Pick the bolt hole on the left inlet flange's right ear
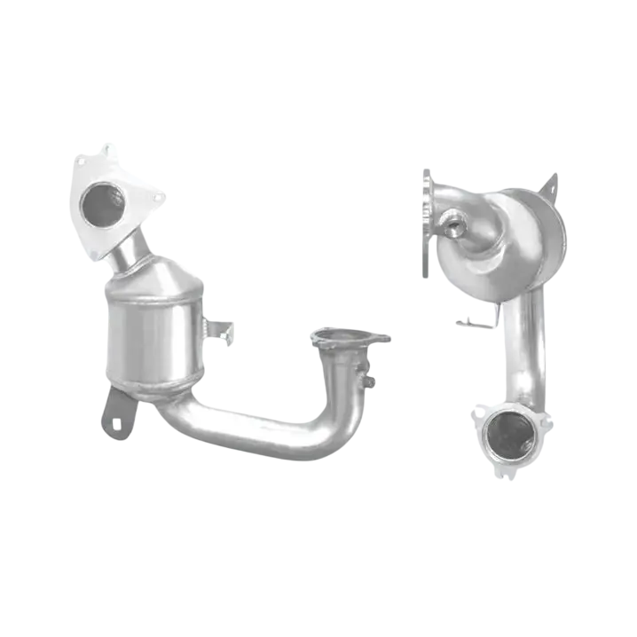pos(158,197)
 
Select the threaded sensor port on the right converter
pos(455,225)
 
